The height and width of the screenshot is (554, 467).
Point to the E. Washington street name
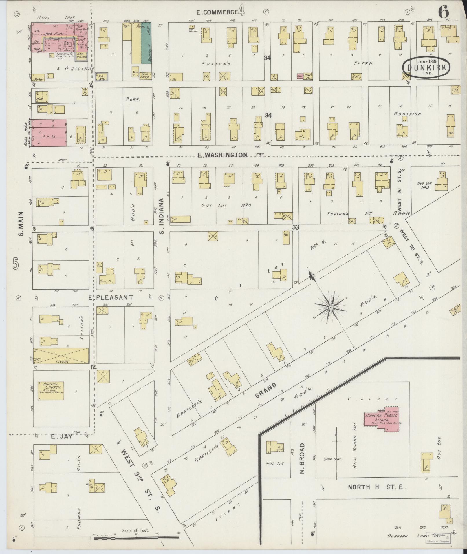coord(222,155)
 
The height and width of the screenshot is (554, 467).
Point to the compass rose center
coord(330,307)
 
